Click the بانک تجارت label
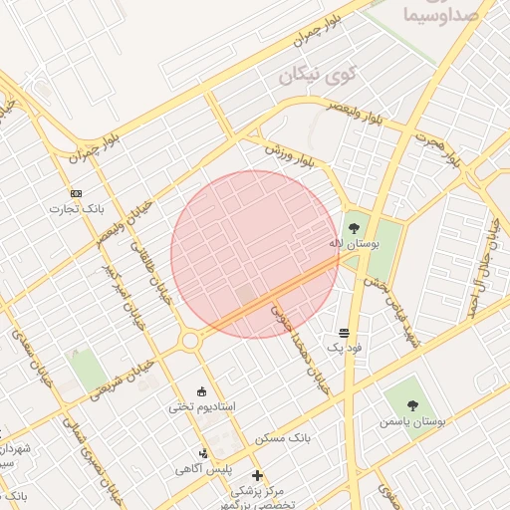81,209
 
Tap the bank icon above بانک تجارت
77,192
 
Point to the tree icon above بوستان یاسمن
413,403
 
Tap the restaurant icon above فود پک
344,332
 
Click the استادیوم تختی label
202,406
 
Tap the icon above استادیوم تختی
203,390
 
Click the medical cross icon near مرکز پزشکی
258,475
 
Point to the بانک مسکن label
284,438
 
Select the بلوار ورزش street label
295,153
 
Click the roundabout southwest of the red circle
190,342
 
